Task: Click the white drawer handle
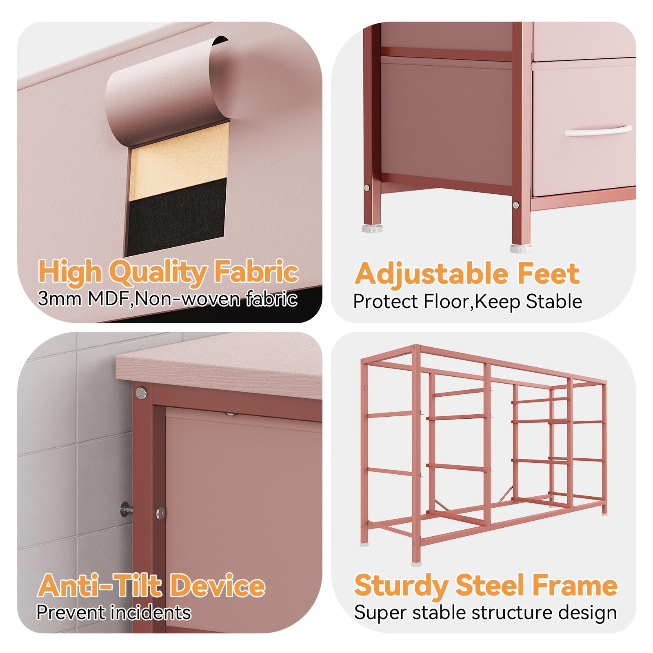point(598,131)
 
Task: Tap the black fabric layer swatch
point(177,216)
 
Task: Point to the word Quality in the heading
point(158,273)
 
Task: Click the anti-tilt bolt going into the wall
point(127,509)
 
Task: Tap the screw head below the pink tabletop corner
point(142,393)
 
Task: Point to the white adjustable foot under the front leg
point(520,249)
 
